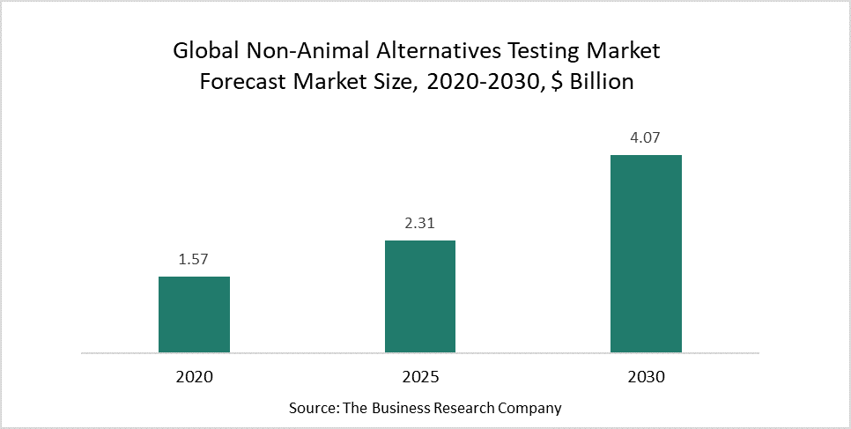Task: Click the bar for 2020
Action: (x=194, y=314)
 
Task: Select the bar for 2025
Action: (x=420, y=297)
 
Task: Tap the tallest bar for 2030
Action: (x=646, y=254)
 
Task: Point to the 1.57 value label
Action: (x=194, y=260)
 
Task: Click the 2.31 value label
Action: (x=420, y=224)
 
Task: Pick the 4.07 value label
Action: (x=646, y=138)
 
